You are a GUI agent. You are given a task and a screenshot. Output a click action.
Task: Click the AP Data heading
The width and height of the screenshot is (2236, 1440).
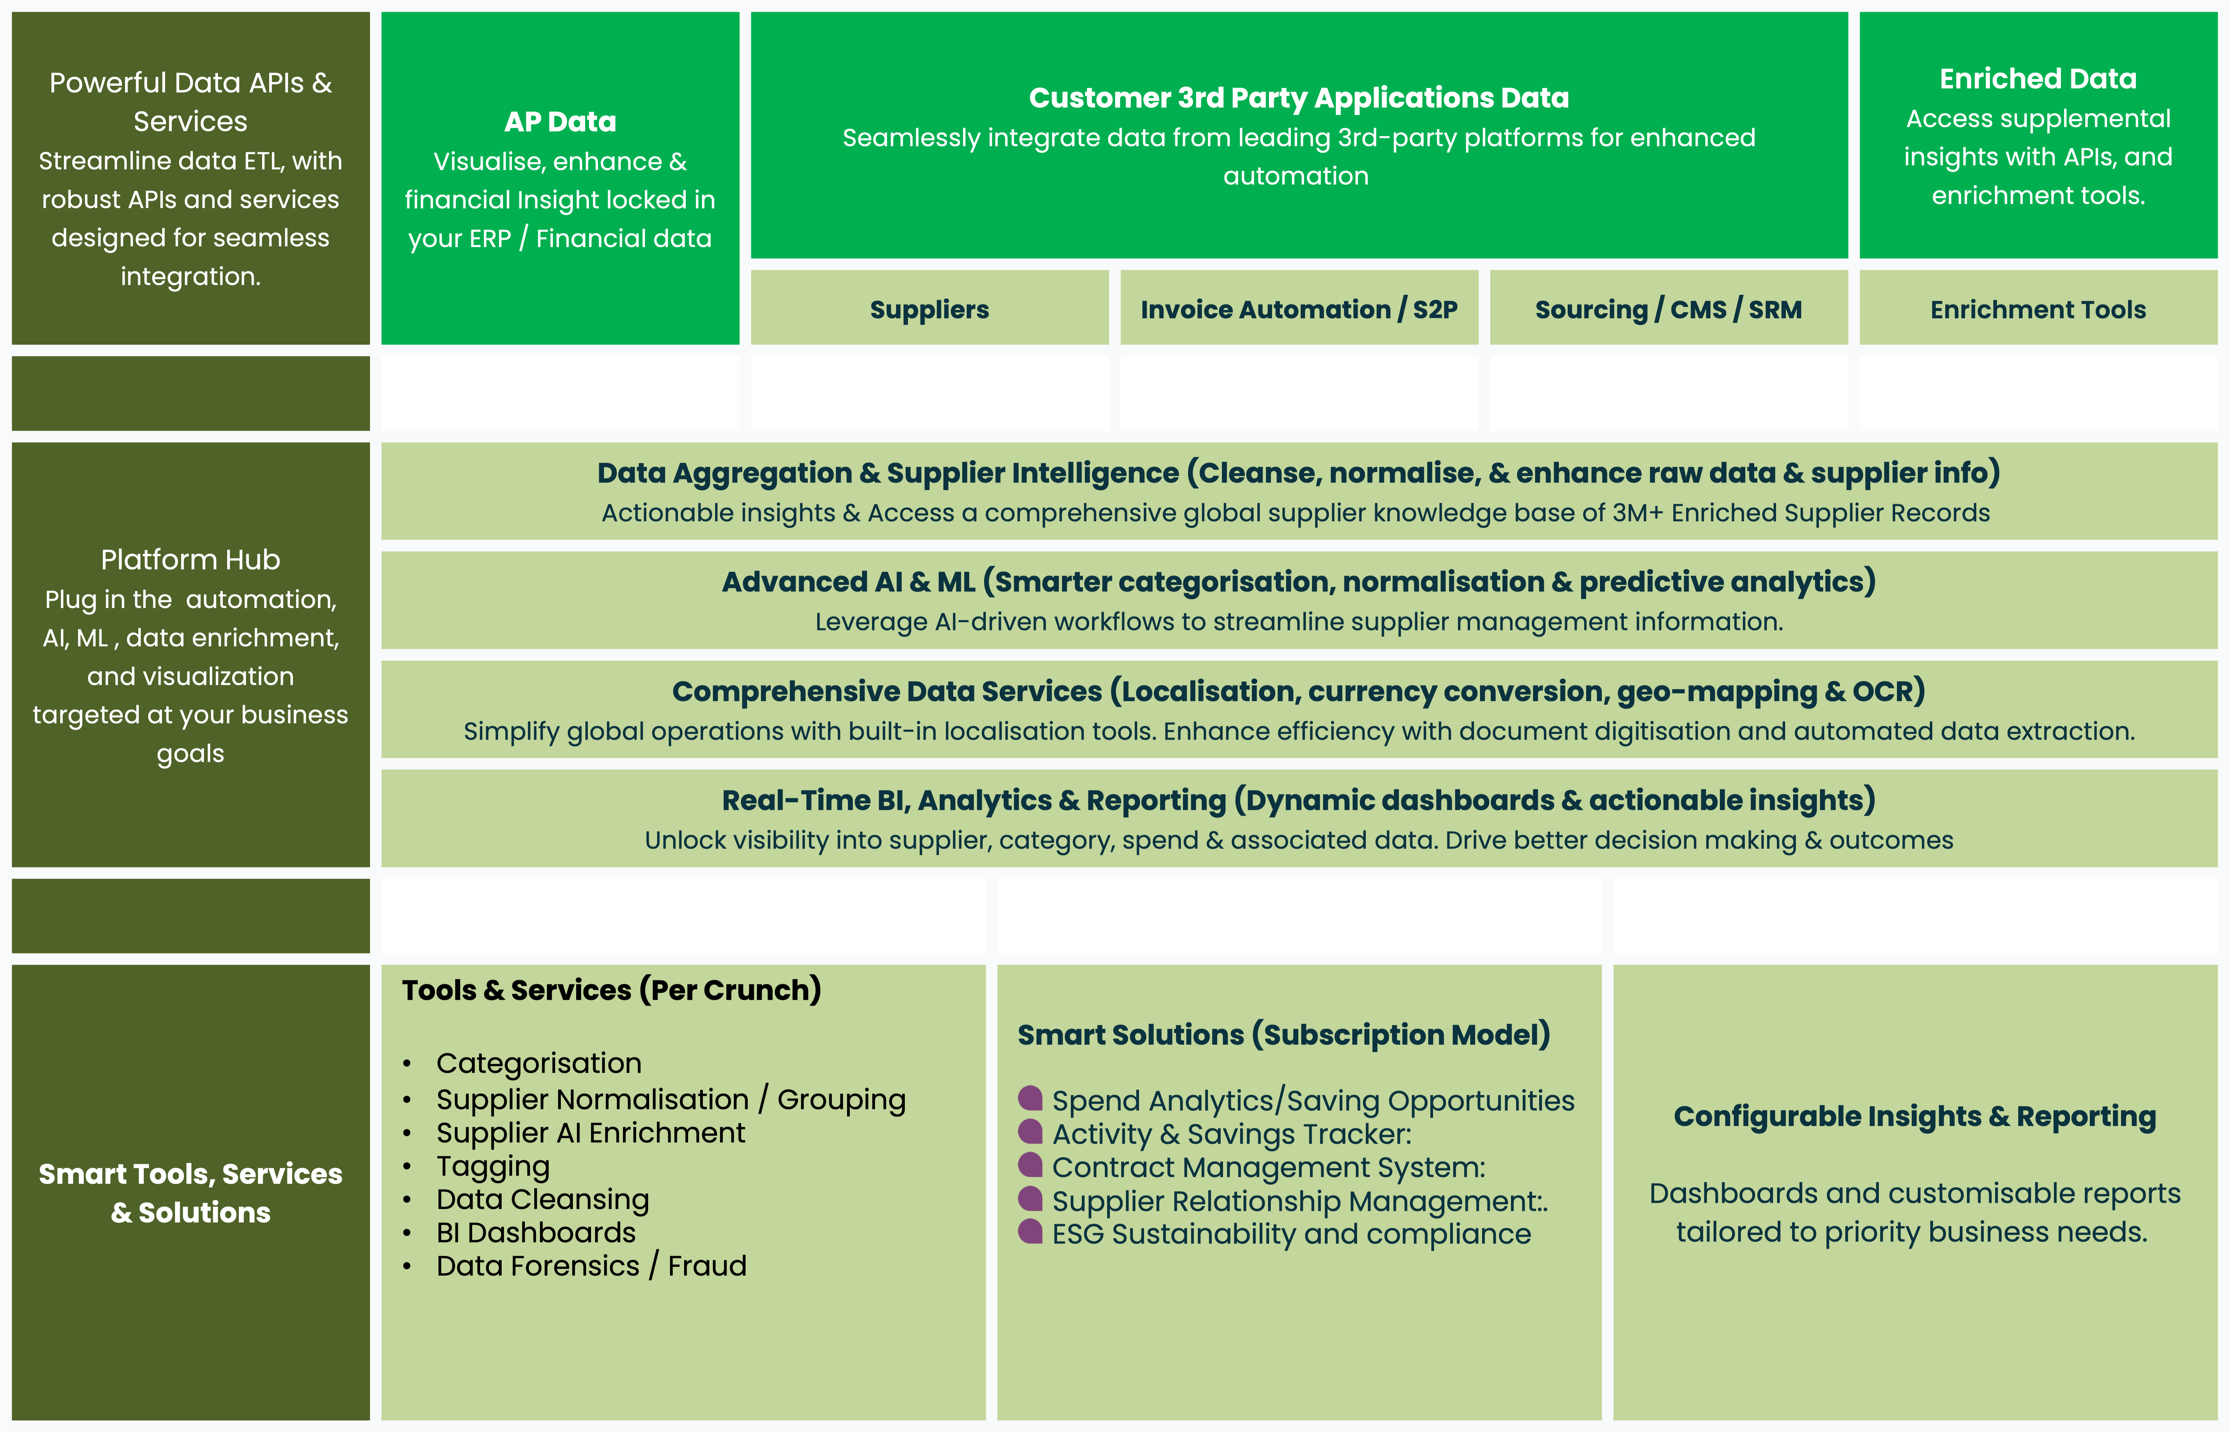tap(560, 122)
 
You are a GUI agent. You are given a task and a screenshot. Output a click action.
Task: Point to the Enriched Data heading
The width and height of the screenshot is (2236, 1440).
tap(2038, 79)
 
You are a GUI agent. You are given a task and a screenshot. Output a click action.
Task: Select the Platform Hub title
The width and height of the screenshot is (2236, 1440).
tap(191, 559)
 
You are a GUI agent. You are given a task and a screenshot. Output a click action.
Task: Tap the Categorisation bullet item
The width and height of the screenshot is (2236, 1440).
tap(539, 1063)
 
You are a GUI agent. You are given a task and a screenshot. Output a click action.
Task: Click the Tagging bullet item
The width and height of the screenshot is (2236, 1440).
tap(493, 1166)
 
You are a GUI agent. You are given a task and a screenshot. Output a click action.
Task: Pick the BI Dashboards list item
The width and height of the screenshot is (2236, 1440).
tap(536, 1232)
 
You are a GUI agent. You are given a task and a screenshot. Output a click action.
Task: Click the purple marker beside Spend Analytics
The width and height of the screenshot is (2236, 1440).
tap(1030, 1098)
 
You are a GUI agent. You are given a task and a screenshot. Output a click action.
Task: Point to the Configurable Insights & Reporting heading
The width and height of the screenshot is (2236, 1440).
tap(1914, 1116)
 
